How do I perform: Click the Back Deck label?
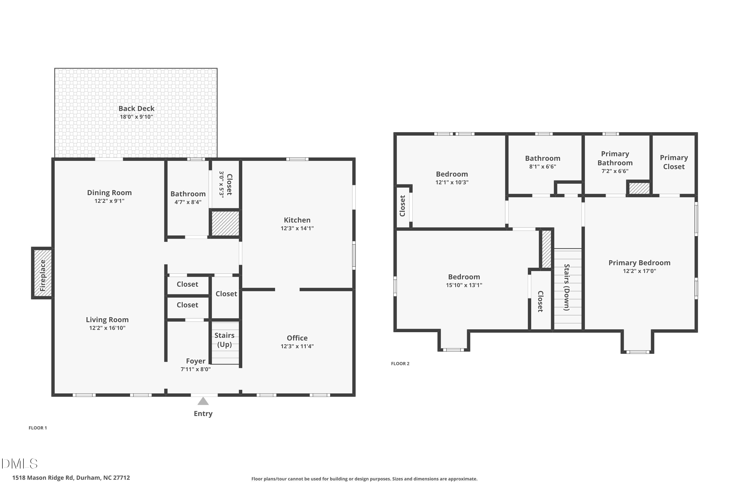point(136,108)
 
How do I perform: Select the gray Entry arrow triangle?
point(203,401)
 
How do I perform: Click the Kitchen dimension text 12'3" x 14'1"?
point(297,228)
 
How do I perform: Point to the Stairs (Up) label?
point(224,340)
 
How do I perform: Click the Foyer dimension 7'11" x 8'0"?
point(196,369)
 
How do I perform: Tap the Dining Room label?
point(109,192)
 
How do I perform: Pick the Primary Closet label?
point(674,162)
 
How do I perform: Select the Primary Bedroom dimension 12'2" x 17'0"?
point(639,271)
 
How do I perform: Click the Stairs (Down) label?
point(567,287)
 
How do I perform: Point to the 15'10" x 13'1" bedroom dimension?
point(464,285)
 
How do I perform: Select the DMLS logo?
point(19,464)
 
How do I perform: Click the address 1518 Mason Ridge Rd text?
point(71,478)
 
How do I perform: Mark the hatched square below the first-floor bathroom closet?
point(225,223)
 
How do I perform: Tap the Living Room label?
point(107,320)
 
